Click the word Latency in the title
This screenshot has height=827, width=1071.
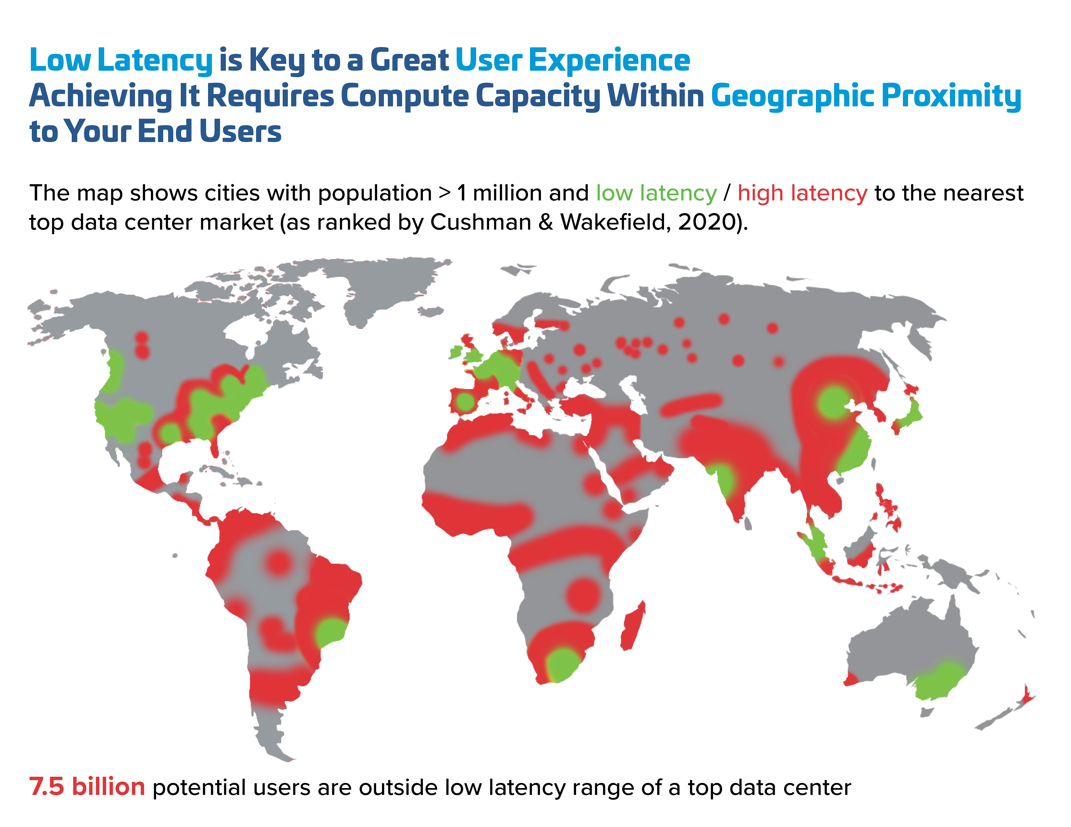(154, 61)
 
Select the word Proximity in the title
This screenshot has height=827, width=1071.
(951, 96)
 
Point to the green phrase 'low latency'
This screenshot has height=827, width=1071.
(656, 193)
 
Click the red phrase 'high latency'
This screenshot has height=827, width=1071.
(802, 193)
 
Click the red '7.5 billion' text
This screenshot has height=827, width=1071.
(87, 787)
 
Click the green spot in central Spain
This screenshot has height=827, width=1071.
(465, 402)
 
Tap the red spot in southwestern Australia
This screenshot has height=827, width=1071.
(851, 679)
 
